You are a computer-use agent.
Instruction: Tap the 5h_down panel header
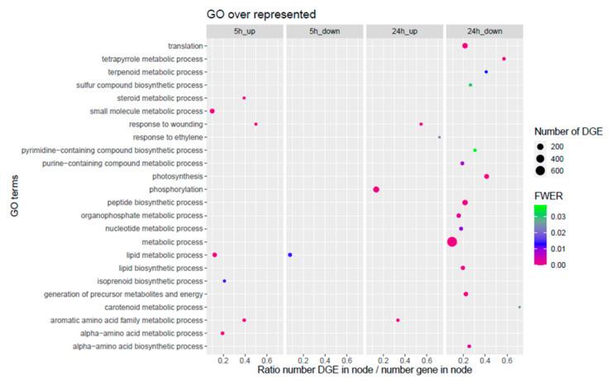tap(324, 31)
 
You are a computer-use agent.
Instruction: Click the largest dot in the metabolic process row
tap(452, 241)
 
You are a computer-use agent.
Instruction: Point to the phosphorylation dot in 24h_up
tap(376, 189)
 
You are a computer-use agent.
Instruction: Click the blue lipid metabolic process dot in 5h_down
tap(290, 255)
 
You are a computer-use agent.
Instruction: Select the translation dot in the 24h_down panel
tap(465, 45)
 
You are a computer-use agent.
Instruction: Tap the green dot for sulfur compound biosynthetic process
tap(470, 85)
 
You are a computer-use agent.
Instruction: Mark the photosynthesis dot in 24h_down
tap(486, 176)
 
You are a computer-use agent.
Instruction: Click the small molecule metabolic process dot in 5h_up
tap(212, 111)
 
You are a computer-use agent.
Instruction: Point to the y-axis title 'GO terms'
tap(12, 195)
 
